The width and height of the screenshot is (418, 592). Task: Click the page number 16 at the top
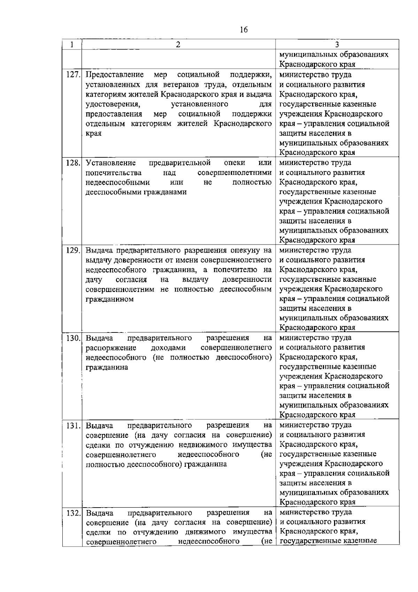[x=243, y=30]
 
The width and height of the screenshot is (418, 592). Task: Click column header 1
[x=72, y=44]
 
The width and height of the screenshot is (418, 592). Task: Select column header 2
[x=178, y=44]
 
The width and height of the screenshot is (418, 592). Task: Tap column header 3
[x=337, y=44]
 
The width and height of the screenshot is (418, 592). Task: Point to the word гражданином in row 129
[x=110, y=299]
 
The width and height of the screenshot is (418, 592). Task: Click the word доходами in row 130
[x=168, y=348]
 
